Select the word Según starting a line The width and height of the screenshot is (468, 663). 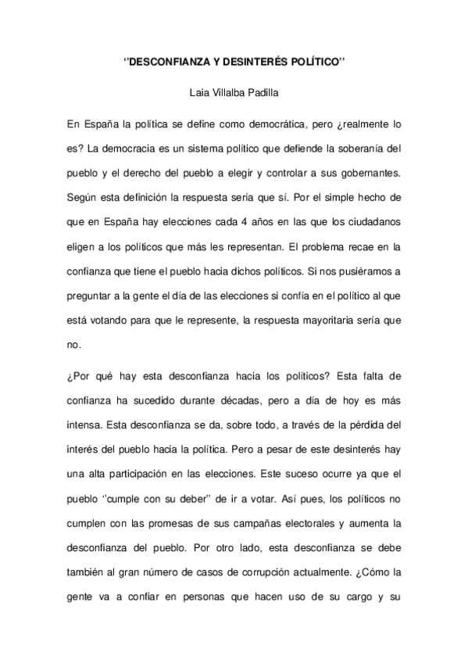point(84,191)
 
